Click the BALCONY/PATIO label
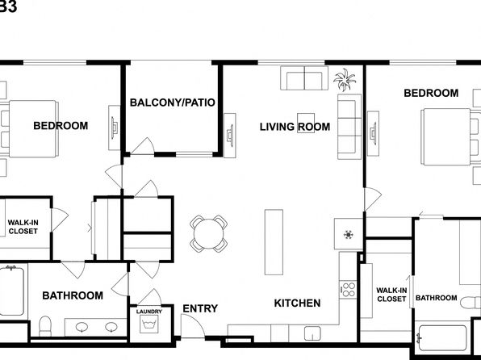pos(173,103)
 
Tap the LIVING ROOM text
pos(295,127)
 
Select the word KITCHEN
pos(297,303)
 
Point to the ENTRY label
pos(200,308)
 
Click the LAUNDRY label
pos(149,312)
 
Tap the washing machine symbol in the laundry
pos(149,324)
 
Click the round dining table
pos(208,233)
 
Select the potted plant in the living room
pos(345,79)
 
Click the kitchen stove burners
pos(348,290)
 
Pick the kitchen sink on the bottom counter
pos(312,333)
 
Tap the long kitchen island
pos(274,242)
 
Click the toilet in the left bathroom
pos(45,326)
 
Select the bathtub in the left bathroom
pos(11,291)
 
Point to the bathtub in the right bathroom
pos(442,337)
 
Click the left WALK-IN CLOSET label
pos(23,227)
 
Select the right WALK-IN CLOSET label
pos(391,295)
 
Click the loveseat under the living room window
pos(304,78)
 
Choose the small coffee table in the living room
pos(306,123)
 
